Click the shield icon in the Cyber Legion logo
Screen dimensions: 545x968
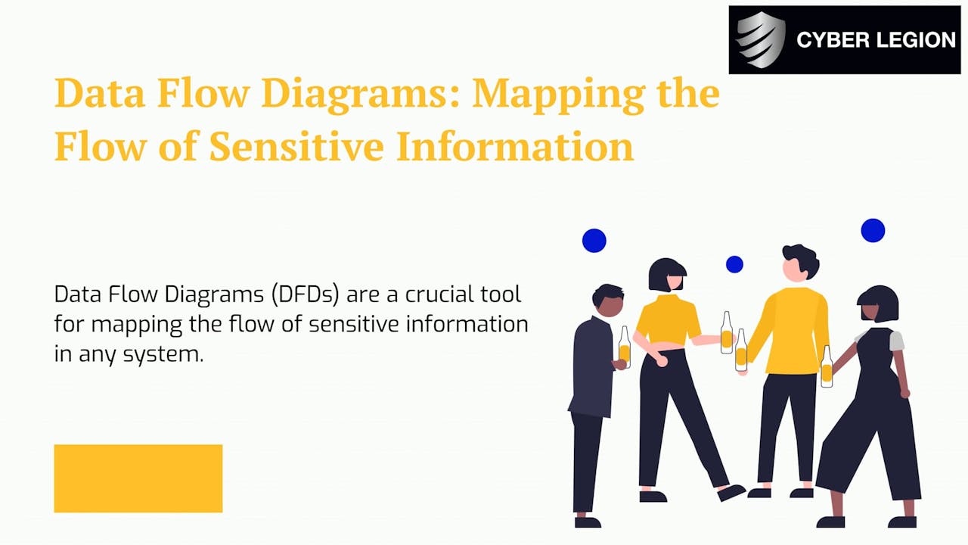tap(761, 40)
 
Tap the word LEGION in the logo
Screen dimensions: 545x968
tap(915, 40)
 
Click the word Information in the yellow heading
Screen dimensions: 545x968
tap(514, 147)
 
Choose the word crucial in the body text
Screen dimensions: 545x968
tap(420, 294)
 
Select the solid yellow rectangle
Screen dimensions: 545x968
tap(138, 478)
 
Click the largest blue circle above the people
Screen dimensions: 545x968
tap(873, 230)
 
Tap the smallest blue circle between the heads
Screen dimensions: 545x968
tap(734, 264)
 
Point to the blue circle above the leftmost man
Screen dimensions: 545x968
tap(594, 241)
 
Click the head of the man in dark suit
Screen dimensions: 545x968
tap(609, 301)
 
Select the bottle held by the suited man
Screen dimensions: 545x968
tap(624, 347)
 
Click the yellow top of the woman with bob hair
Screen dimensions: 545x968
tap(668, 320)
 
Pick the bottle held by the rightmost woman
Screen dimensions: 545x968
tap(827, 367)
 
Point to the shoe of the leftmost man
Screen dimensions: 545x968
tap(588, 522)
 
